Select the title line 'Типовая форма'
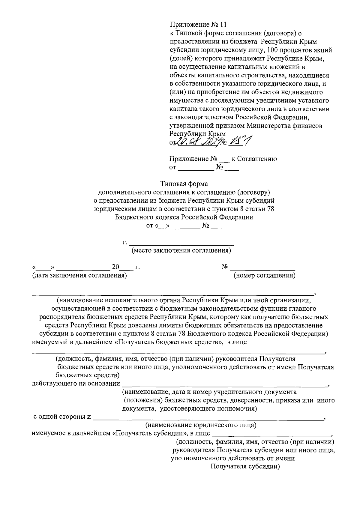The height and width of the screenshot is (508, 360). (x=184, y=183)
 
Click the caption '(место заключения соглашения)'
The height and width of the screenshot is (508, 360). (x=181, y=250)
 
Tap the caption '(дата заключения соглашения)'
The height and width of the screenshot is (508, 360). (x=79, y=275)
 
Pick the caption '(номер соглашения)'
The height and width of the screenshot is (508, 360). (x=264, y=275)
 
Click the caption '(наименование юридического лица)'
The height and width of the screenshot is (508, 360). (x=201, y=425)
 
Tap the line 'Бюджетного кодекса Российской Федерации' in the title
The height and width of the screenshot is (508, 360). (x=184, y=217)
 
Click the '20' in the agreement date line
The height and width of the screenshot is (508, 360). (x=115, y=267)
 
